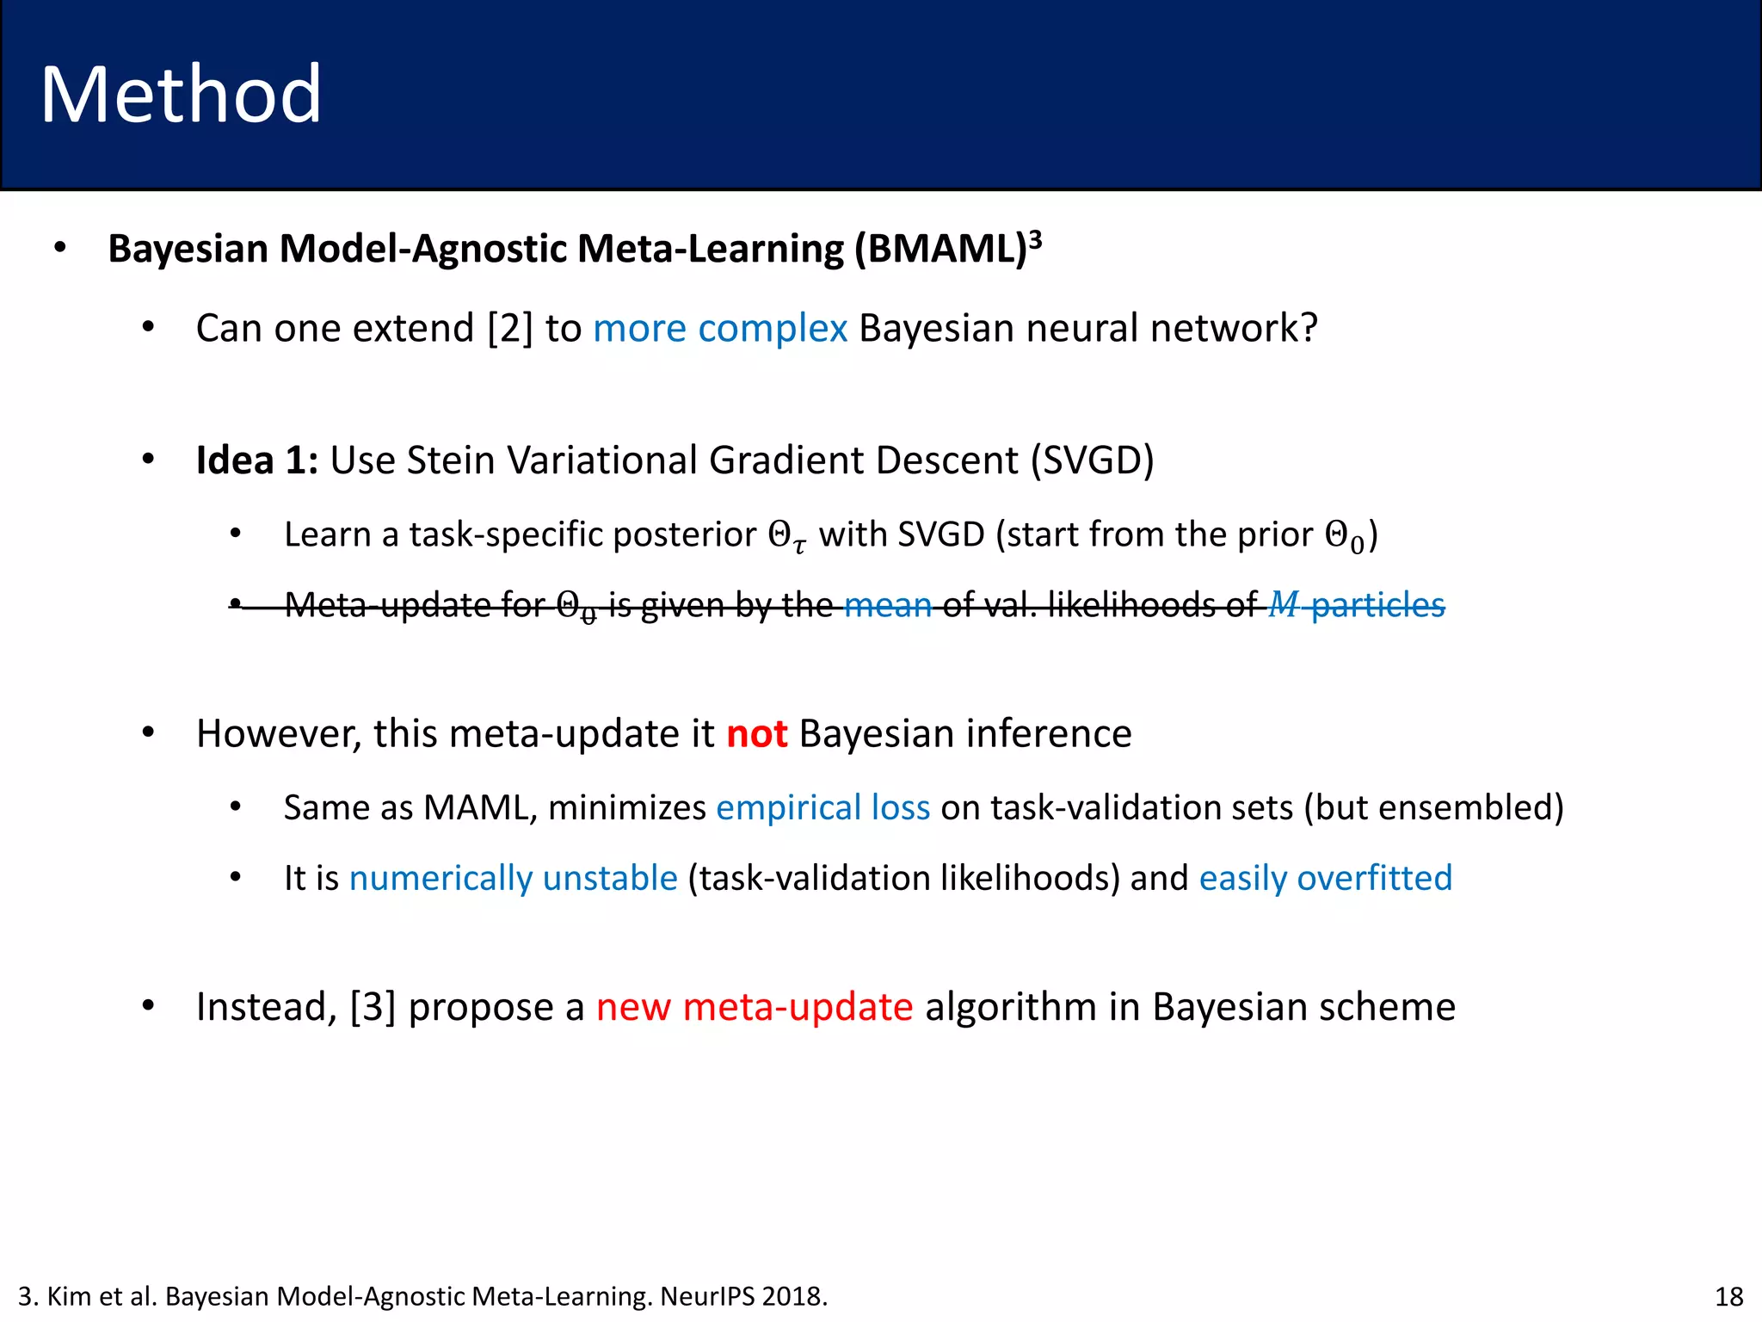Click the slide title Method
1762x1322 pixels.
(x=181, y=95)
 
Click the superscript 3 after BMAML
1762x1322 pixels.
(x=1036, y=238)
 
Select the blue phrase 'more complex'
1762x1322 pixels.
(x=720, y=329)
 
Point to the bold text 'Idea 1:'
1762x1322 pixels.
(x=256, y=460)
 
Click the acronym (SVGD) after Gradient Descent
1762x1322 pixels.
(x=1093, y=460)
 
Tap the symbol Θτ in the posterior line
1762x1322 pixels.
(x=787, y=536)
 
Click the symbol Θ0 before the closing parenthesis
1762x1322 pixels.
(x=1345, y=536)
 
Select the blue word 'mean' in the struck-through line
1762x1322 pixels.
(x=888, y=606)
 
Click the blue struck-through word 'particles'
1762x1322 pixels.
(x=1377, y=606)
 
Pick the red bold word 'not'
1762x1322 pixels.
(x=756, y=734)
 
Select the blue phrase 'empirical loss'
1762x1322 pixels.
(x=822, y=808)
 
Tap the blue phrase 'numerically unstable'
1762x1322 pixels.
(x=513, y=879)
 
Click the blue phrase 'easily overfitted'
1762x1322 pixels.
(x=1325, y=879)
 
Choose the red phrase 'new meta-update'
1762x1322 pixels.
(x=755, y=1007)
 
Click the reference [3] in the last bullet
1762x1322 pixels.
(x=373, y=1007)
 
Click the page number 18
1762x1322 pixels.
(x=1728, y=1296)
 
